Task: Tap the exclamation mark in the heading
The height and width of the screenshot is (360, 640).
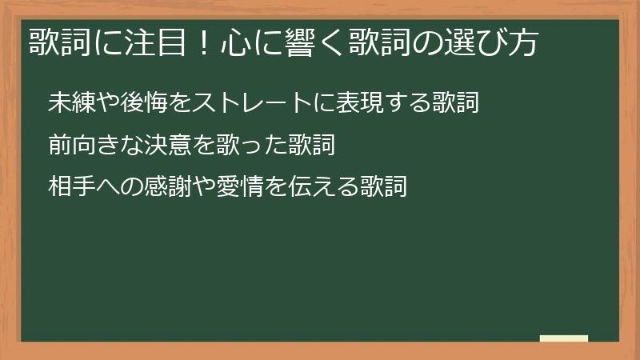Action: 202,42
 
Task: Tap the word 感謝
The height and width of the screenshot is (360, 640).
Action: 166,186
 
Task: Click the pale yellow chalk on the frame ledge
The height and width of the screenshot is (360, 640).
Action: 564,338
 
